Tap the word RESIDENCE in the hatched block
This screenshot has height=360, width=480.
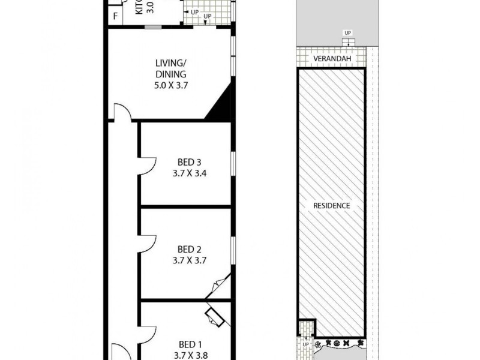(331, 205)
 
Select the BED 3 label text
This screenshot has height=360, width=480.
(185, 162)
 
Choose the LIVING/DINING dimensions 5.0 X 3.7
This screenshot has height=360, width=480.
(172, 85)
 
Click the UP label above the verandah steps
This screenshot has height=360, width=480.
(347, 32)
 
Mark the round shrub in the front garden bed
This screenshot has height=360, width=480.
(337, 344)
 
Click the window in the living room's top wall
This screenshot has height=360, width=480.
(154, 27)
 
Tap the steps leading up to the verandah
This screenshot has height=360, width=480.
(347, 42)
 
